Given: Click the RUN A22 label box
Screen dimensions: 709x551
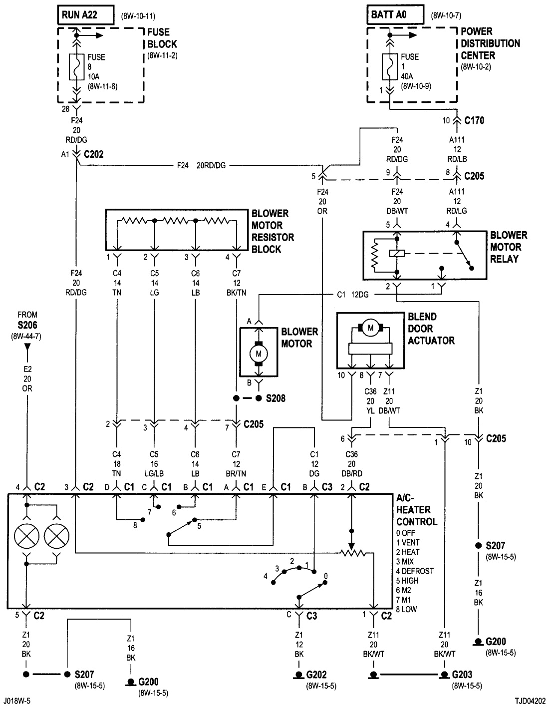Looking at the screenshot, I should click(84, 15).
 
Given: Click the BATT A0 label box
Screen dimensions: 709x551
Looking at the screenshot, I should click(394, 15).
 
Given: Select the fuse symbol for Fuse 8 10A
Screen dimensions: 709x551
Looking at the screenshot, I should click(76, 66).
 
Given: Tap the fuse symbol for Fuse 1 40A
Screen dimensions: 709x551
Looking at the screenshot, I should click(388, 66).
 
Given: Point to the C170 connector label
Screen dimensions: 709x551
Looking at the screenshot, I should click(474, 120).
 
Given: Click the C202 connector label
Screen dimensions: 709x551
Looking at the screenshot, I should click(93, 155).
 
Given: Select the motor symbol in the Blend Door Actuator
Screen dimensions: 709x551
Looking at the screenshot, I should click(370, 328).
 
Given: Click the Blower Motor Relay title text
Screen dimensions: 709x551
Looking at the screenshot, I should click(508, 247).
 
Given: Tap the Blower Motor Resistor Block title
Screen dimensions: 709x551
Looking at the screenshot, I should click(273, 231).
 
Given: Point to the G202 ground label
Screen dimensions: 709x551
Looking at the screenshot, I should click(316, 675).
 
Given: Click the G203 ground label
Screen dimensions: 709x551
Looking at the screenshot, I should click(462, 675).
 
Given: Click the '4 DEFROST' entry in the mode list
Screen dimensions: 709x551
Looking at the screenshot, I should click(414, 571).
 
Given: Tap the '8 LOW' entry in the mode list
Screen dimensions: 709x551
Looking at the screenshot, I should click(406, 609).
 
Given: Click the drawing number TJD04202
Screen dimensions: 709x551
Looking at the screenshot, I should click(532, 701).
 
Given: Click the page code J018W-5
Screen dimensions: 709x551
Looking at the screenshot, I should click(18, 701).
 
